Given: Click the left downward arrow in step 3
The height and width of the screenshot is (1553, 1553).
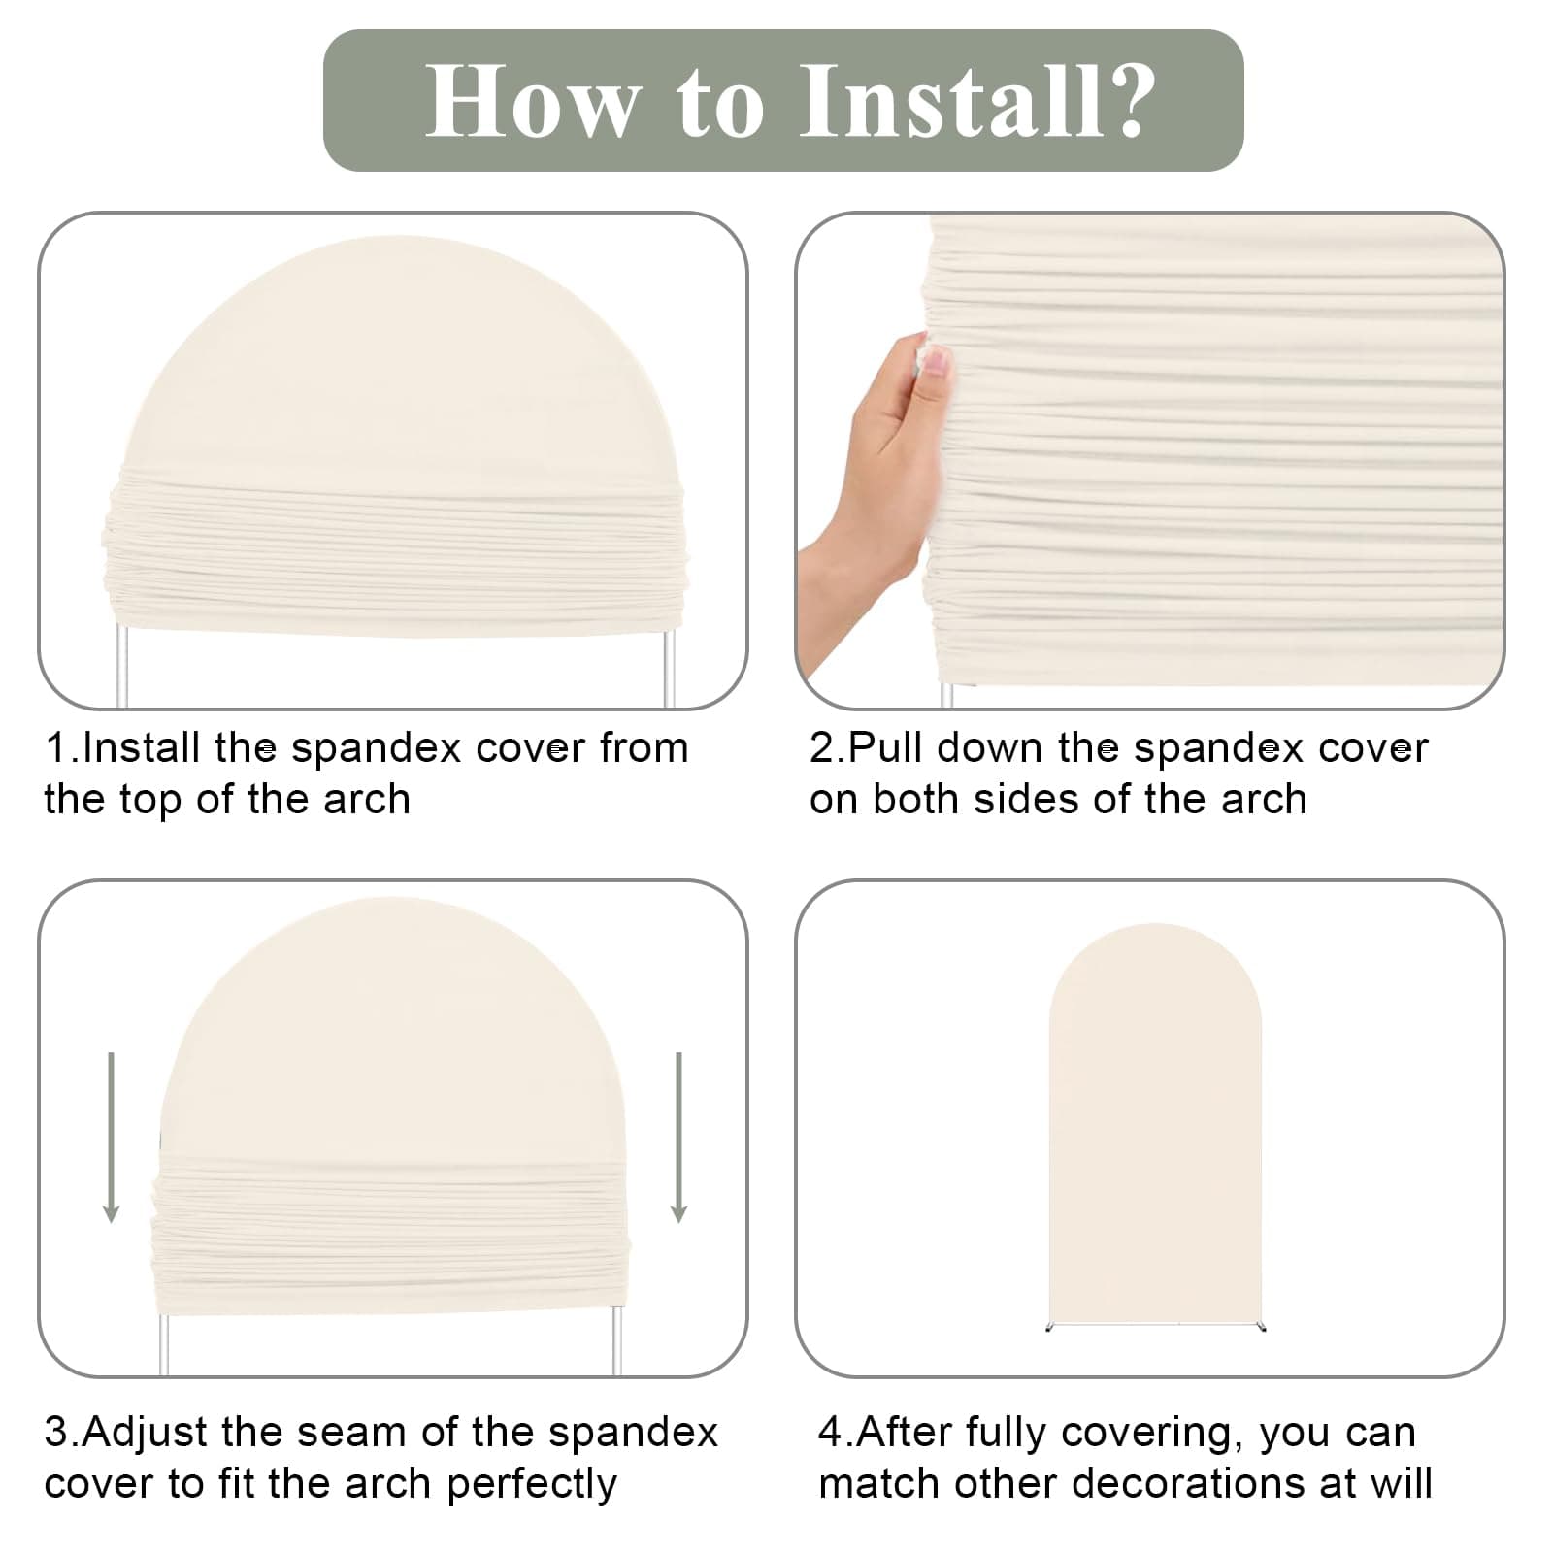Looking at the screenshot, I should (111, 1136).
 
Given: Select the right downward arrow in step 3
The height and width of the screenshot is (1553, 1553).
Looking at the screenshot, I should (678, 1136).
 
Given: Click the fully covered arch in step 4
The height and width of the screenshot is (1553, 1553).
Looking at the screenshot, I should (1155, 1126).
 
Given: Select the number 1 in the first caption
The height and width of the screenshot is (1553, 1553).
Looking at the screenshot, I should (56, 748).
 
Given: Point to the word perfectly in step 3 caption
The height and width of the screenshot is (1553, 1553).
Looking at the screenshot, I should (532, 1485).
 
